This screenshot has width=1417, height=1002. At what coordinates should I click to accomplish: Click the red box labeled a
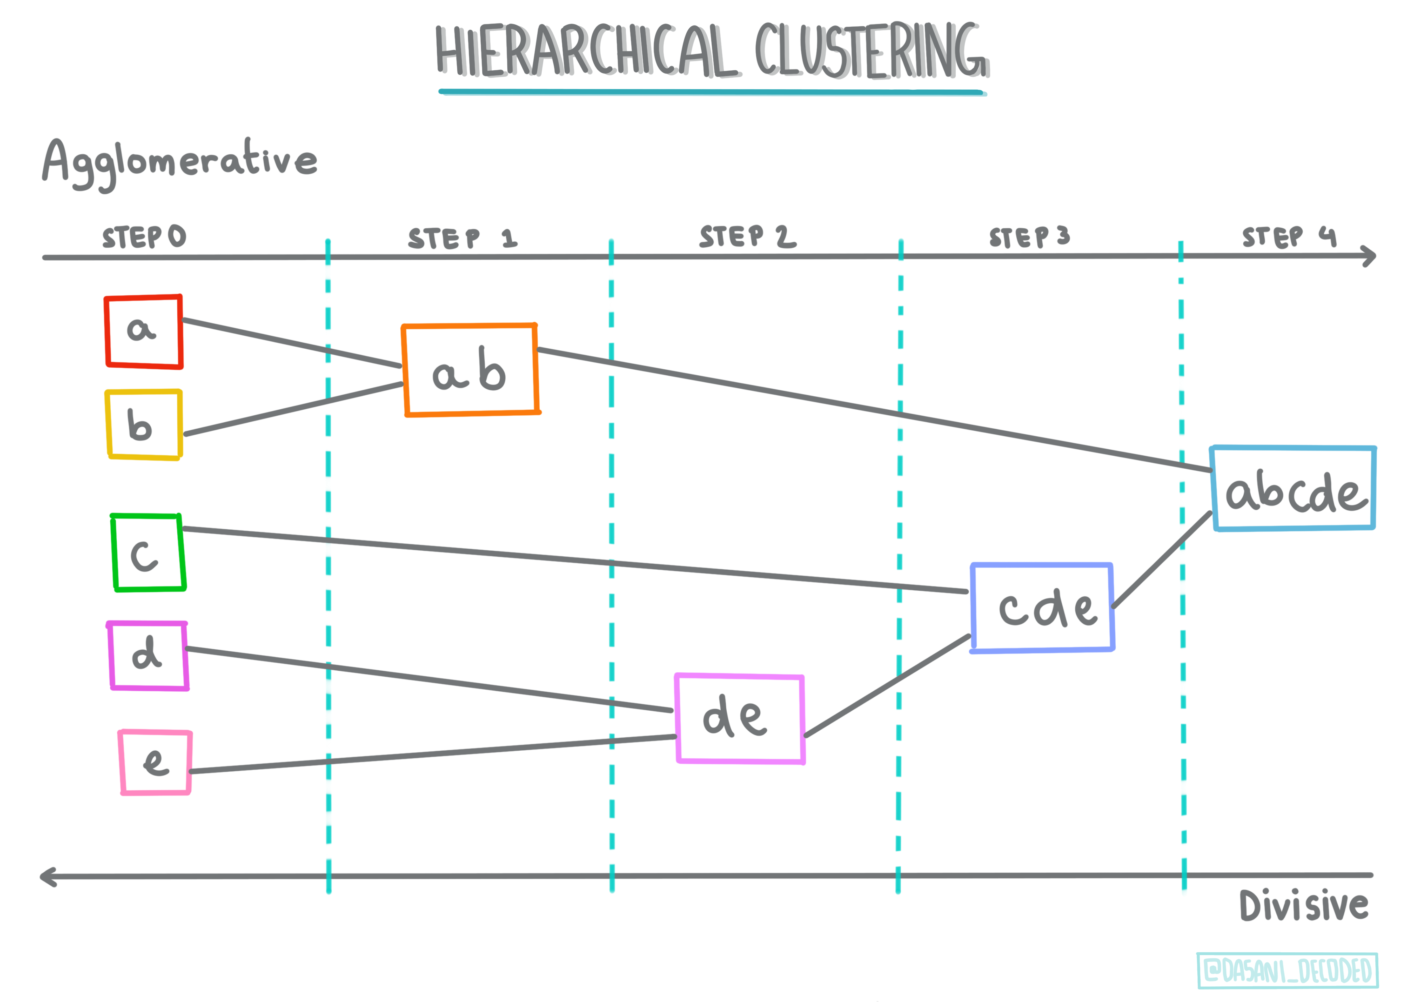[143, 332]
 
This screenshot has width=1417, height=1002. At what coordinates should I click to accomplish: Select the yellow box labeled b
[143, 425]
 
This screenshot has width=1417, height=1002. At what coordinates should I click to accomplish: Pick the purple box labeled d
[148, 656]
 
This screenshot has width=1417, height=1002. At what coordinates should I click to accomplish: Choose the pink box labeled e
[155, 762]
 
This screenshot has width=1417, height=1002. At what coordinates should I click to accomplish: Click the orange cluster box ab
[470, 370]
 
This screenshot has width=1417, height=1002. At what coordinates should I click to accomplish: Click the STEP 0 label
[144, 236]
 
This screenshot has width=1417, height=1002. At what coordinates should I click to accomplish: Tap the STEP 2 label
[747, 236]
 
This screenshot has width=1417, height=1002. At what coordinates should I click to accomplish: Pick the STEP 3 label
[1029, 236]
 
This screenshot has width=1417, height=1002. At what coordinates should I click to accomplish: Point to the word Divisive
[1303, 906]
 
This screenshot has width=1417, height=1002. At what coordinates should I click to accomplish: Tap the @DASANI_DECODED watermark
[1287, 970]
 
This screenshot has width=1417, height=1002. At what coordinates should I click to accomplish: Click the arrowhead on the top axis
[1369, 256]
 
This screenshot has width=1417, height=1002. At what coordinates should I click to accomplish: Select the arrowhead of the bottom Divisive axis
[47, 877]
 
